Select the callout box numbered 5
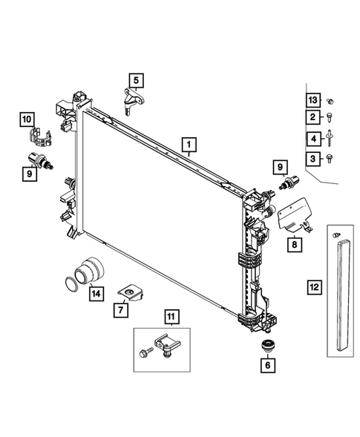tap(136, 80)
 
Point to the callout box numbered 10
tap(27, 118)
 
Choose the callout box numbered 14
tap(96, 294)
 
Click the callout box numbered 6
tap(266, 364)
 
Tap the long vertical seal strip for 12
tap(341, 297)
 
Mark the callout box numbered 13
tap(312, 99)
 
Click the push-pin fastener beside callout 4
tap(330, 138)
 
